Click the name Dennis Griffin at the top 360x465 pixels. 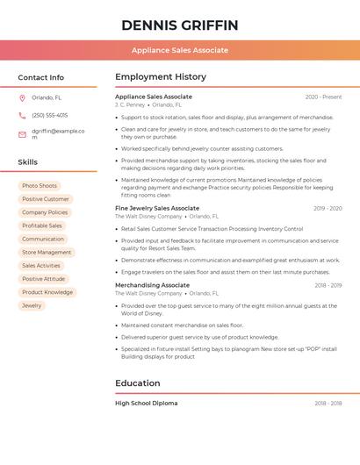click(180, 25)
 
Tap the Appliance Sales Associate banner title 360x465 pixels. click(180, 50)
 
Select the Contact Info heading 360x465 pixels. click(41, 77)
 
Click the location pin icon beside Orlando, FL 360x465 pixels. click(22, 98)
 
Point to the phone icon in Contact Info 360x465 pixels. click(22, 115)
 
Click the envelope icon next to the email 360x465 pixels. click(22, 134)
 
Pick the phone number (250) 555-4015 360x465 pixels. click(49, 115)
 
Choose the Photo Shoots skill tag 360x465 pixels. click(40, 186)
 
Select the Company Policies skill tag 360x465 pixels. click(45, 212)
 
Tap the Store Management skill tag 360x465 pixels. click(47, 253)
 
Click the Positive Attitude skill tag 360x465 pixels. click(44, 279)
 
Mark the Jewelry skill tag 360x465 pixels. click(32, 305)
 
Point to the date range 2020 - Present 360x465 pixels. click(323, 97)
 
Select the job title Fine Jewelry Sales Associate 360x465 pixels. click(157, 208)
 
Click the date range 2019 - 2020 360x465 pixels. click(328, 208)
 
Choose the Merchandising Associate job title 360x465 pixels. click(152, 285)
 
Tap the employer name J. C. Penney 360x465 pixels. click(130, 104)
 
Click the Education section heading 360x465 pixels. click(138, 383)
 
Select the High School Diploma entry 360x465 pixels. click(146, 404)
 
